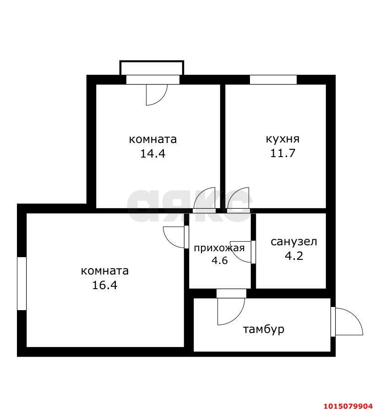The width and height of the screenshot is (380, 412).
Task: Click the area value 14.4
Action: click(x=152, y=153)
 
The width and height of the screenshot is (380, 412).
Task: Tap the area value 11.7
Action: click(x=282, y=153)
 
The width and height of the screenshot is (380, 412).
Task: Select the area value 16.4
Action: click(x=105, y=285)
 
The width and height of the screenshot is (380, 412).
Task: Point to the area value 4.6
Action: click(x=219, y=261)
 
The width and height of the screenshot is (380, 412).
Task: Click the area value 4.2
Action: click(x=294, y=256)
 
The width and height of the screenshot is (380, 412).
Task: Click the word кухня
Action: click(x=282, y=139)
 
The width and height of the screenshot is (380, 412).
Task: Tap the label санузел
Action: click(x=294, y=242)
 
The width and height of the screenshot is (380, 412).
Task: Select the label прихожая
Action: click(x=219, y=248)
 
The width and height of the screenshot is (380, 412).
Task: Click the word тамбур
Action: click(x=264, y=329)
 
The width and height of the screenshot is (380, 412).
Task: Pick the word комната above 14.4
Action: click(x=152, y=139)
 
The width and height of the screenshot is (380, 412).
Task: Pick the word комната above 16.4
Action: click(x=105, y=271)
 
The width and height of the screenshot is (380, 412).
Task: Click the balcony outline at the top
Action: click(x=152, y=67)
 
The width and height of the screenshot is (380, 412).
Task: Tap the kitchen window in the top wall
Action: click(x=273, y=79)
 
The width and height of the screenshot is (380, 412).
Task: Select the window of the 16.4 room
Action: click(x=22, y=283)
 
